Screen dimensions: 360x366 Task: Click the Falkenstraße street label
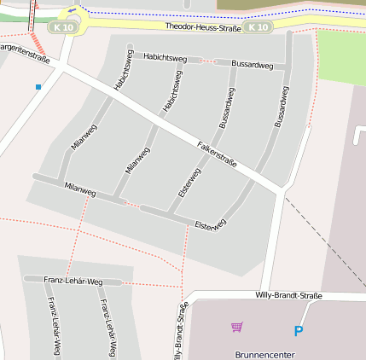coord(217,154)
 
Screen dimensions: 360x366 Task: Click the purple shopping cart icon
coord(237,326)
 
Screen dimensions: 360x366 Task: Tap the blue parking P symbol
coord(298,331)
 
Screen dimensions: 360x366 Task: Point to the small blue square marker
coord(38,87)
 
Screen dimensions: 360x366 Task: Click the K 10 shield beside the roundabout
coord(61,27)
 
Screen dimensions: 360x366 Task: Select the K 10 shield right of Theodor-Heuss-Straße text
coord(257,27)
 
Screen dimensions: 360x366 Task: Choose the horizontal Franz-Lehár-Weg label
coord(73,281)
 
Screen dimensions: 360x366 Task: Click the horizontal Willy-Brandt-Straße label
coord(289,295)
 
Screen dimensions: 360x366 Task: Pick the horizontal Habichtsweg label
coord(166,57)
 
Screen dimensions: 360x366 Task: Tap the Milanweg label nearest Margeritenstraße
coord(84,138)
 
